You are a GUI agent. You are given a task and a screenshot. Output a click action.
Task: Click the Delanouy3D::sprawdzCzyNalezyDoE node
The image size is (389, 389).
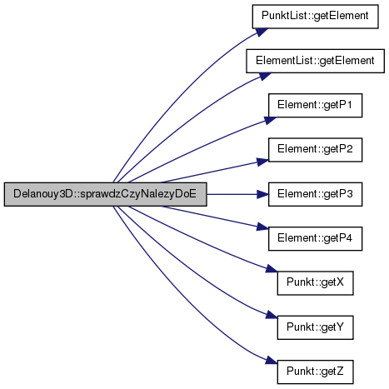click(105, 194)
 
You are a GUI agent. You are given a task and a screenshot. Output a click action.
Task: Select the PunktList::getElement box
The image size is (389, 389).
click(315, 17)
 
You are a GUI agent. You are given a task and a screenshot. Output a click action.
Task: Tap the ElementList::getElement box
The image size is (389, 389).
click(315, 61)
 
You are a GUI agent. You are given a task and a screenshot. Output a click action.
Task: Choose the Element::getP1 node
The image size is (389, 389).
click(315, 106)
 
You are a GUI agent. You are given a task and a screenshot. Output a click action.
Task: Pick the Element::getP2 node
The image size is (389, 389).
click(315, 150)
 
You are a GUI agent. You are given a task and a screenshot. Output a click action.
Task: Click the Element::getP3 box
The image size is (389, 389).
click(315, 194)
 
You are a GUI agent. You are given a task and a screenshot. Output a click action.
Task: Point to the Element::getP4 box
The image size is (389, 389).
click(315, 238)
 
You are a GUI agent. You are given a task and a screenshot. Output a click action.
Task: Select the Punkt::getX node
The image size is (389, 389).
click(315, 283)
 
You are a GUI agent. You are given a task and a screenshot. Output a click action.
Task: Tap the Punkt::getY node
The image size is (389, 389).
click(315, 327)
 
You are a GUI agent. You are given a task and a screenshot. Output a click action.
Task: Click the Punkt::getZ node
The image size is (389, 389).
click(315, 372)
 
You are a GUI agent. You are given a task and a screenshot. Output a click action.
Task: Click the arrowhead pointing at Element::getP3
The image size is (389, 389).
click(262, 194)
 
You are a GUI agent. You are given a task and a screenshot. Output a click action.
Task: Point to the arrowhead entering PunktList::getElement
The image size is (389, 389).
click(262, 32)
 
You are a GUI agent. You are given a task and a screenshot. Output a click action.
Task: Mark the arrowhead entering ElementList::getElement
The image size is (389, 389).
click(265, 76)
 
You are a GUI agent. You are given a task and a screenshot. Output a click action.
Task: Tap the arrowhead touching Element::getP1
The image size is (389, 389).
click(270, 120)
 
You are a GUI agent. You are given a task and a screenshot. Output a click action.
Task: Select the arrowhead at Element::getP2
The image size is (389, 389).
click(262, 162)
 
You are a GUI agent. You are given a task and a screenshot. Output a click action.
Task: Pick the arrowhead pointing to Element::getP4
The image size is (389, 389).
click(262, 227)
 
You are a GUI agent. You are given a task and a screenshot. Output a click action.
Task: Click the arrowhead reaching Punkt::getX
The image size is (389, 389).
click(272, 269)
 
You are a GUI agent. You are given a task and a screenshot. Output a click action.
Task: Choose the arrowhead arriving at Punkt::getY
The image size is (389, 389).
click(272, 315)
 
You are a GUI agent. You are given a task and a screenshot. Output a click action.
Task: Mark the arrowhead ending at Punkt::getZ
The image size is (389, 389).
click(272, 360)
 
